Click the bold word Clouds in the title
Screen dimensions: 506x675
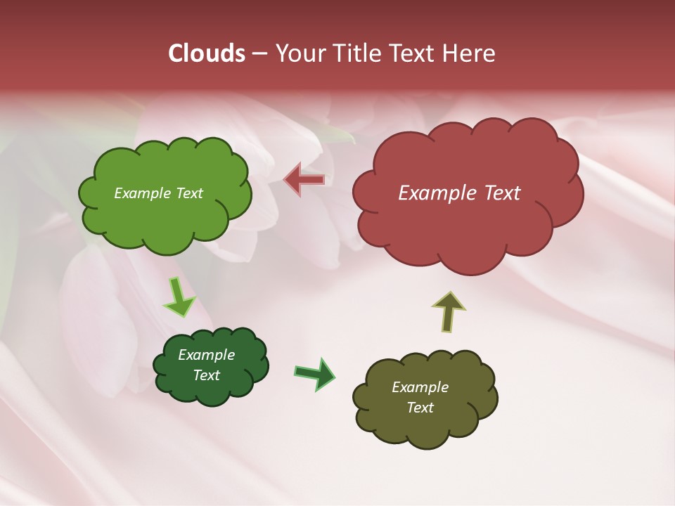coord(207,53)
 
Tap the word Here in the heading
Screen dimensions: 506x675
coord(468,53)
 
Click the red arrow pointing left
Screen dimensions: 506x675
coord(304,180)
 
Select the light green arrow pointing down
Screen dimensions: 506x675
coord(179,297)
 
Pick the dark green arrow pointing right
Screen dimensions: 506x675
coord(314,373)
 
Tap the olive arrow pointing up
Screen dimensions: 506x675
coord(449,311)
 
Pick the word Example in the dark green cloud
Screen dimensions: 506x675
coord(206,355)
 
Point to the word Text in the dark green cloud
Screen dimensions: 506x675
coord(207,375)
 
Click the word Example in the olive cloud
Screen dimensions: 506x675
coord(420,387)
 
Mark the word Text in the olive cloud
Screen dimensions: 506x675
coord(420,408)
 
